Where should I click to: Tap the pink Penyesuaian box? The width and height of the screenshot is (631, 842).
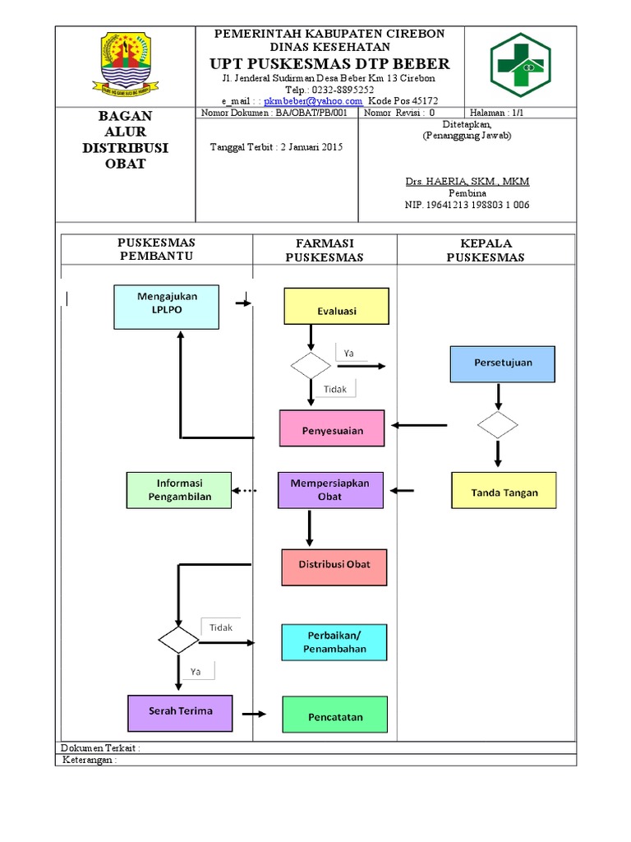point(332,428)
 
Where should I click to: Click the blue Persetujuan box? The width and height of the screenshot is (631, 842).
point(503,363)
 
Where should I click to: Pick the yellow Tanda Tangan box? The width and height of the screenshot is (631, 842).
point(504,490)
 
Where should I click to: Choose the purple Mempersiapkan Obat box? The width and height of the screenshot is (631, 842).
point(331,490)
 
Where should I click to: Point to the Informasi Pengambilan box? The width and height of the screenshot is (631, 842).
point(179,490)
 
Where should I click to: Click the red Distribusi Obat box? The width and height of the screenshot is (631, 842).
point(334,565)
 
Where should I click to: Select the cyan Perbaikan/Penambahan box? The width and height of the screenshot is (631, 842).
point(334,642)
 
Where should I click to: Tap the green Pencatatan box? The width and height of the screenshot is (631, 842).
point(334,715)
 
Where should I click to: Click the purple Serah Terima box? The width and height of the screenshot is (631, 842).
point(180,712)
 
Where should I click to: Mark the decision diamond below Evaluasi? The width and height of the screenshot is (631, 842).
point(311,366)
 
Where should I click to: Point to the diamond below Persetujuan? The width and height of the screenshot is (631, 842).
point(498,425)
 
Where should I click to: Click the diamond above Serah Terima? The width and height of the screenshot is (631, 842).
point(178,639)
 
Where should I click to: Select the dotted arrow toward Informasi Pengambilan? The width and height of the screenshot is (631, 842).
point(244,491)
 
